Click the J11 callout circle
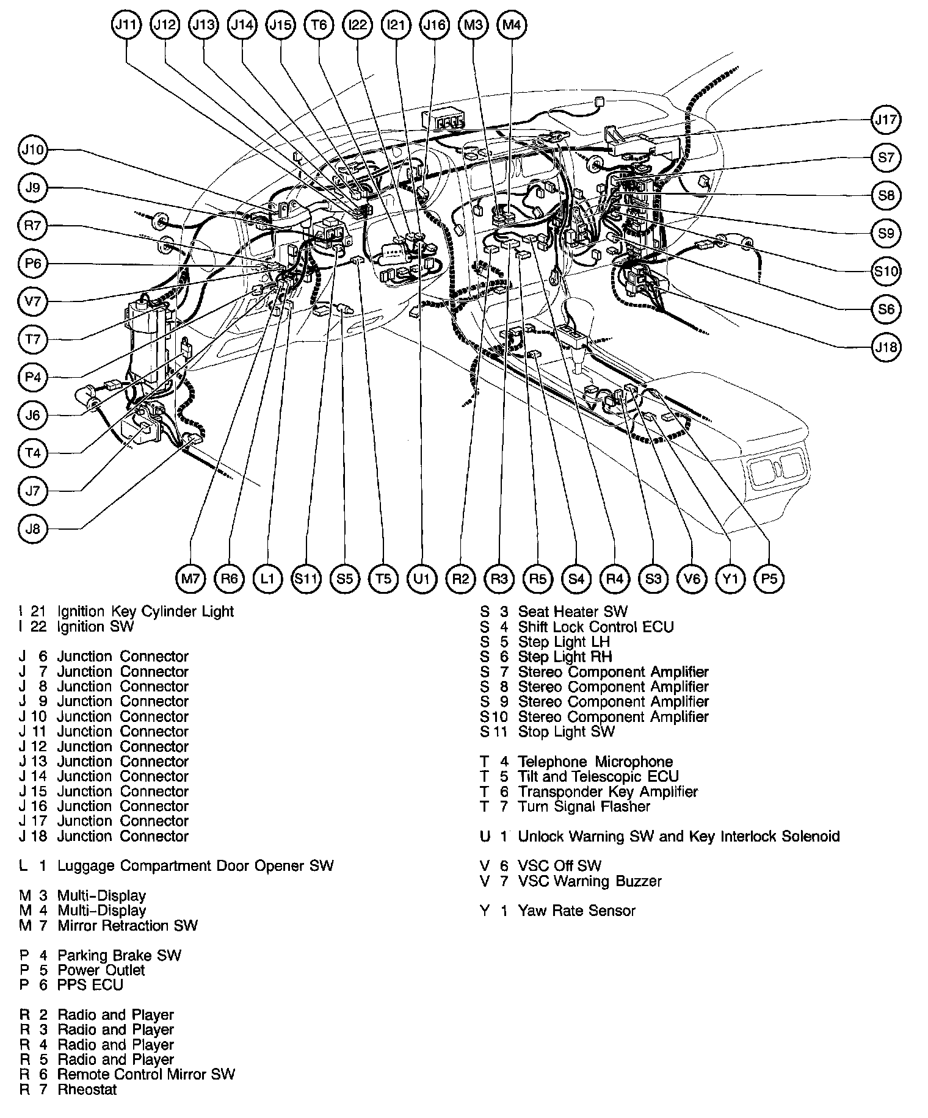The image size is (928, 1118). [127, 25]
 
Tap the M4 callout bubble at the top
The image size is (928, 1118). [512, 25]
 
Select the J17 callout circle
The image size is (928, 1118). [886, 120]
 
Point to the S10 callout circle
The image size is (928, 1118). [886, 271]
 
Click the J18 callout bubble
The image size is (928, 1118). [886, 347]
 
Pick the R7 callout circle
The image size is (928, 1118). [33, 226]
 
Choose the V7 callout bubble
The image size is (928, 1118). [33, 301]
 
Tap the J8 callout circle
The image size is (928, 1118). [33, 528]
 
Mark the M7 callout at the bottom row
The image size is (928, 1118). [191, 579]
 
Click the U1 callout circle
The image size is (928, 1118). [422, 579]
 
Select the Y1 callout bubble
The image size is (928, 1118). [730, 579]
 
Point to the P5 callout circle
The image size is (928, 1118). [769, 579]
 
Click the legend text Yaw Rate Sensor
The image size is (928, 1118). [576, 911]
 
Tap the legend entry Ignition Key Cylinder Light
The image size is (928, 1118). [145, 611]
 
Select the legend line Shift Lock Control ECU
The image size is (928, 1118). [595, 627]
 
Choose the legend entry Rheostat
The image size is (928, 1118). [87, 1089]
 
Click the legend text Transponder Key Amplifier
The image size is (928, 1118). [607, 792]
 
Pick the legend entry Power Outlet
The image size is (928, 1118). [101, 970]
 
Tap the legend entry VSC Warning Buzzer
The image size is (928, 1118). [590, 881]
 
